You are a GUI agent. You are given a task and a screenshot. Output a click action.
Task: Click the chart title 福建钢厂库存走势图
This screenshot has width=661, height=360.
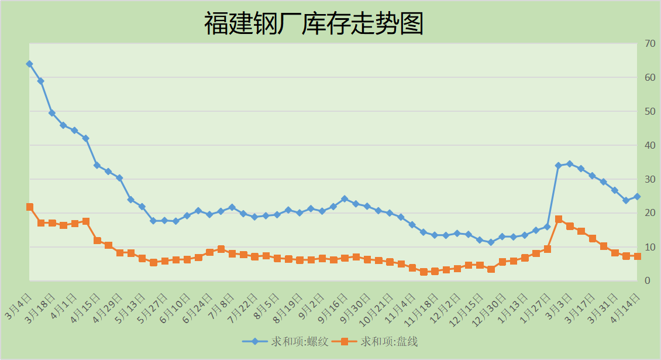coord(314,24)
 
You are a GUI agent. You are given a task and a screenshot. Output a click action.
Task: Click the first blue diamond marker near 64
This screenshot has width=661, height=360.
coord(29,64)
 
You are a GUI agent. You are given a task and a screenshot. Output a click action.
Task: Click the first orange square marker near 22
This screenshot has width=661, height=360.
coord(29,207)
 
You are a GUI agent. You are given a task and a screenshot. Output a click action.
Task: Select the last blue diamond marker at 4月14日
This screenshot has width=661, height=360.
coord(638,197)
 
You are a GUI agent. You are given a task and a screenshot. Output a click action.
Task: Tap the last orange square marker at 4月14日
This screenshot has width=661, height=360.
coord(638,256)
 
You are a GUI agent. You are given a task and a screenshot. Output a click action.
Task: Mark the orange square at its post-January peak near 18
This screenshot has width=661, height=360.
coord(559,219)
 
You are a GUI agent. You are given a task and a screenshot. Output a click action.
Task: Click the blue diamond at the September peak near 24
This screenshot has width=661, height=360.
coord(345,199)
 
